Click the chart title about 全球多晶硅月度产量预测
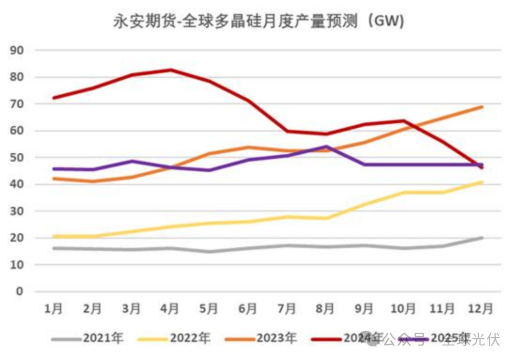click(258, 22)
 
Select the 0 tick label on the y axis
click(20, 292)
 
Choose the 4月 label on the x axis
click(170, 309)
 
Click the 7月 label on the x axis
click(287, 309)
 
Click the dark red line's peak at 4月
click(170, 70)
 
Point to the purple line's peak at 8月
click(326, 146)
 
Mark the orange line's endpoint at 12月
click(481, 107)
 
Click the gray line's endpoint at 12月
click(481, 237)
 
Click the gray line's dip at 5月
click(209, 251)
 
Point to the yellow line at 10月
click(404, 192)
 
